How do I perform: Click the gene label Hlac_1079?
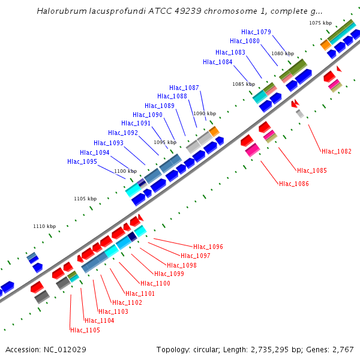[256, 32]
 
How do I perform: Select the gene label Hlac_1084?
[218, 62]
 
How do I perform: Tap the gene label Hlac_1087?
[184, 88]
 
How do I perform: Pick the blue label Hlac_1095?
[82, 161]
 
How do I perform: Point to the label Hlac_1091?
[136, 124]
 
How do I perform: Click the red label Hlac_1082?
[337, 151]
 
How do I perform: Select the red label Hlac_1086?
[294, 184]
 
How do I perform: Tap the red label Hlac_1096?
[208, 247]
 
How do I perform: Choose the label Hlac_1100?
[155, 283]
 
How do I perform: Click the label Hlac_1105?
[85, 330]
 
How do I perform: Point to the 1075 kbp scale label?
[320, 23]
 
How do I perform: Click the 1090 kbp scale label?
[204, 113]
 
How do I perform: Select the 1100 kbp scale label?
[125, 171]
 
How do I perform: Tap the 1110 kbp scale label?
[44, 226]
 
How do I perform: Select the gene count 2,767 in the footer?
[341, 349]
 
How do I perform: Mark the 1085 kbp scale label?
[244, 84]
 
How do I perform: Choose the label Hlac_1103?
[113, 311]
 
